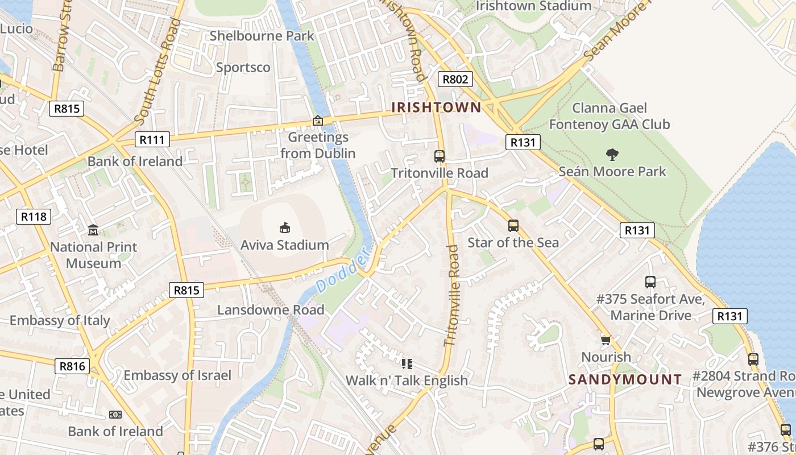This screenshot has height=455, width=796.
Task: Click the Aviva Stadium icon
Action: point(285,228)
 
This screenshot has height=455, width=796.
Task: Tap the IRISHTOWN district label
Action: point(436,107)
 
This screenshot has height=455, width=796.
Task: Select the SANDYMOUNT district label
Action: point(625,379)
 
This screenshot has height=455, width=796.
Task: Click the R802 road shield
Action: point(455,79)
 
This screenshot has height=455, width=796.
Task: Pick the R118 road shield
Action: point(34,216)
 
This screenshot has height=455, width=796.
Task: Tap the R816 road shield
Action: point(72,366)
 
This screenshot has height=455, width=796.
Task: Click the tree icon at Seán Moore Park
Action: point(612,154)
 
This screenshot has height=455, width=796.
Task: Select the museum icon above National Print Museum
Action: point(93,230)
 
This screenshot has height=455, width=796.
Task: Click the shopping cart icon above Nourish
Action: point(606,340)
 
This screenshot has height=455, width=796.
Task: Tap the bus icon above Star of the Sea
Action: point(513,226)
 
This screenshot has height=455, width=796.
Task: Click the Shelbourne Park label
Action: point(262,36)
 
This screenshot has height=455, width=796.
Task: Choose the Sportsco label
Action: point(243,68)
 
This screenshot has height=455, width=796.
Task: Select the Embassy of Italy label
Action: point(60,320)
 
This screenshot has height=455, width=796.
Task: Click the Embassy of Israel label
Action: point(177,375)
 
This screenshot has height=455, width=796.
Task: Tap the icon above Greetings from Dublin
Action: point(318,121)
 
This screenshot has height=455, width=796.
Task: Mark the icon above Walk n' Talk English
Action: point(407,364)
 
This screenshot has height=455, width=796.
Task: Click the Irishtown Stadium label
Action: point(533,6)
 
